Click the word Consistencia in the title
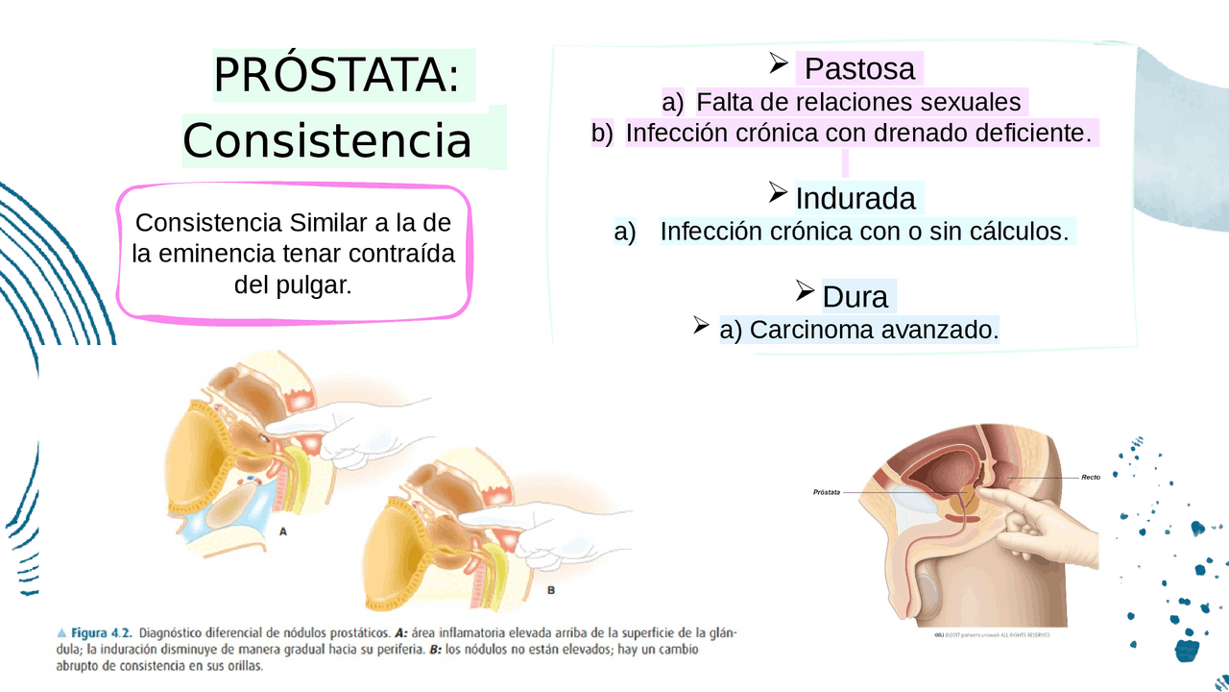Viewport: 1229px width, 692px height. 327,141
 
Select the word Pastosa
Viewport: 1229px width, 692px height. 859,69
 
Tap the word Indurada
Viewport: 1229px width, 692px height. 855,199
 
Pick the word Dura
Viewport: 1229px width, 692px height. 855,297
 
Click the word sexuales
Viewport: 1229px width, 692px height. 970,102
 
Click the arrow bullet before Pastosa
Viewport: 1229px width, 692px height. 778,63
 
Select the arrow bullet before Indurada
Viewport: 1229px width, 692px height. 778,193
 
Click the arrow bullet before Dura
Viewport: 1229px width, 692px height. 805,290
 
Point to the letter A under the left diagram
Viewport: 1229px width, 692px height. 283,531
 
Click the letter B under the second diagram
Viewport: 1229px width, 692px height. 550,590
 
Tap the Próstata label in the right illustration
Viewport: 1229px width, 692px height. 827,492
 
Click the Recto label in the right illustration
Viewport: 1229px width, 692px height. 1091,478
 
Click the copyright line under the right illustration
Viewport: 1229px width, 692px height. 992,634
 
